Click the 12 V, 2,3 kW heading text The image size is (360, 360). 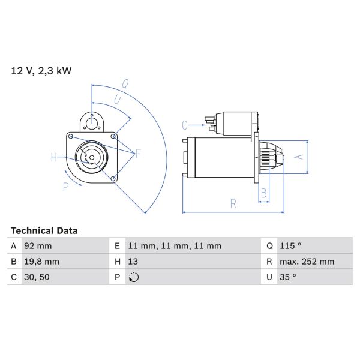(x=41, y=71)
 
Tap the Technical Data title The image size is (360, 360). (x=44, y=230)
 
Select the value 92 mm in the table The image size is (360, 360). (x=38, y=246)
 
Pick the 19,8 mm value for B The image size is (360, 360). (x=41, y=262)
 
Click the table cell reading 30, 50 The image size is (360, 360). (x=37, y=277)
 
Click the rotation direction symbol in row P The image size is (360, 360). (x=134, y=277)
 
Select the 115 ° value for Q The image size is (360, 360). (x=290, y=246)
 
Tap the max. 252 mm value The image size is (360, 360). (x=307, y=262)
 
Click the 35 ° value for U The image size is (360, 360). (x=288, y=277)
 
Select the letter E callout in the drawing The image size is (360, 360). (x=138, y=155)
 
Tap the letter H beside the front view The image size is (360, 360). (x=53, y=158)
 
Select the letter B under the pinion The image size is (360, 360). (x=263, y=193)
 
